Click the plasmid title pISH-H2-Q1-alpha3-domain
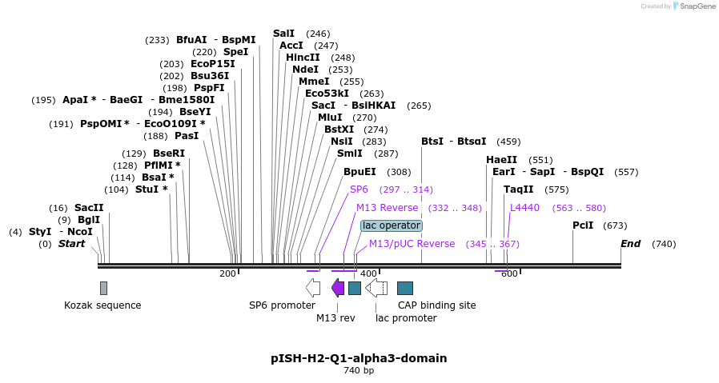tap(359, 358)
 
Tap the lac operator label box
tap(392, 225)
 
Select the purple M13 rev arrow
tap(338, 288)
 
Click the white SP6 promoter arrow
tap(313, 288)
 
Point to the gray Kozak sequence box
tap(103, 288)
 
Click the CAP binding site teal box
tap(405, 288)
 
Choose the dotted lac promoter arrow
tap(376, 288)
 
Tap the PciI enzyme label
tap(583, 225)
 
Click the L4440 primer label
tap(524, 207)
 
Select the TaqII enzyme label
tap(518, 190)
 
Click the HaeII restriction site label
tap(501, 160)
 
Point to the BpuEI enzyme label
tap(359, 172)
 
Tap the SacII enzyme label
tap(89, 207)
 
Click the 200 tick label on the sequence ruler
tap(227, 273)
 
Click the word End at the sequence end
tap(630, 244)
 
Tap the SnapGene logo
tap(693, 6)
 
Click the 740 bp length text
tap(359, 370)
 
